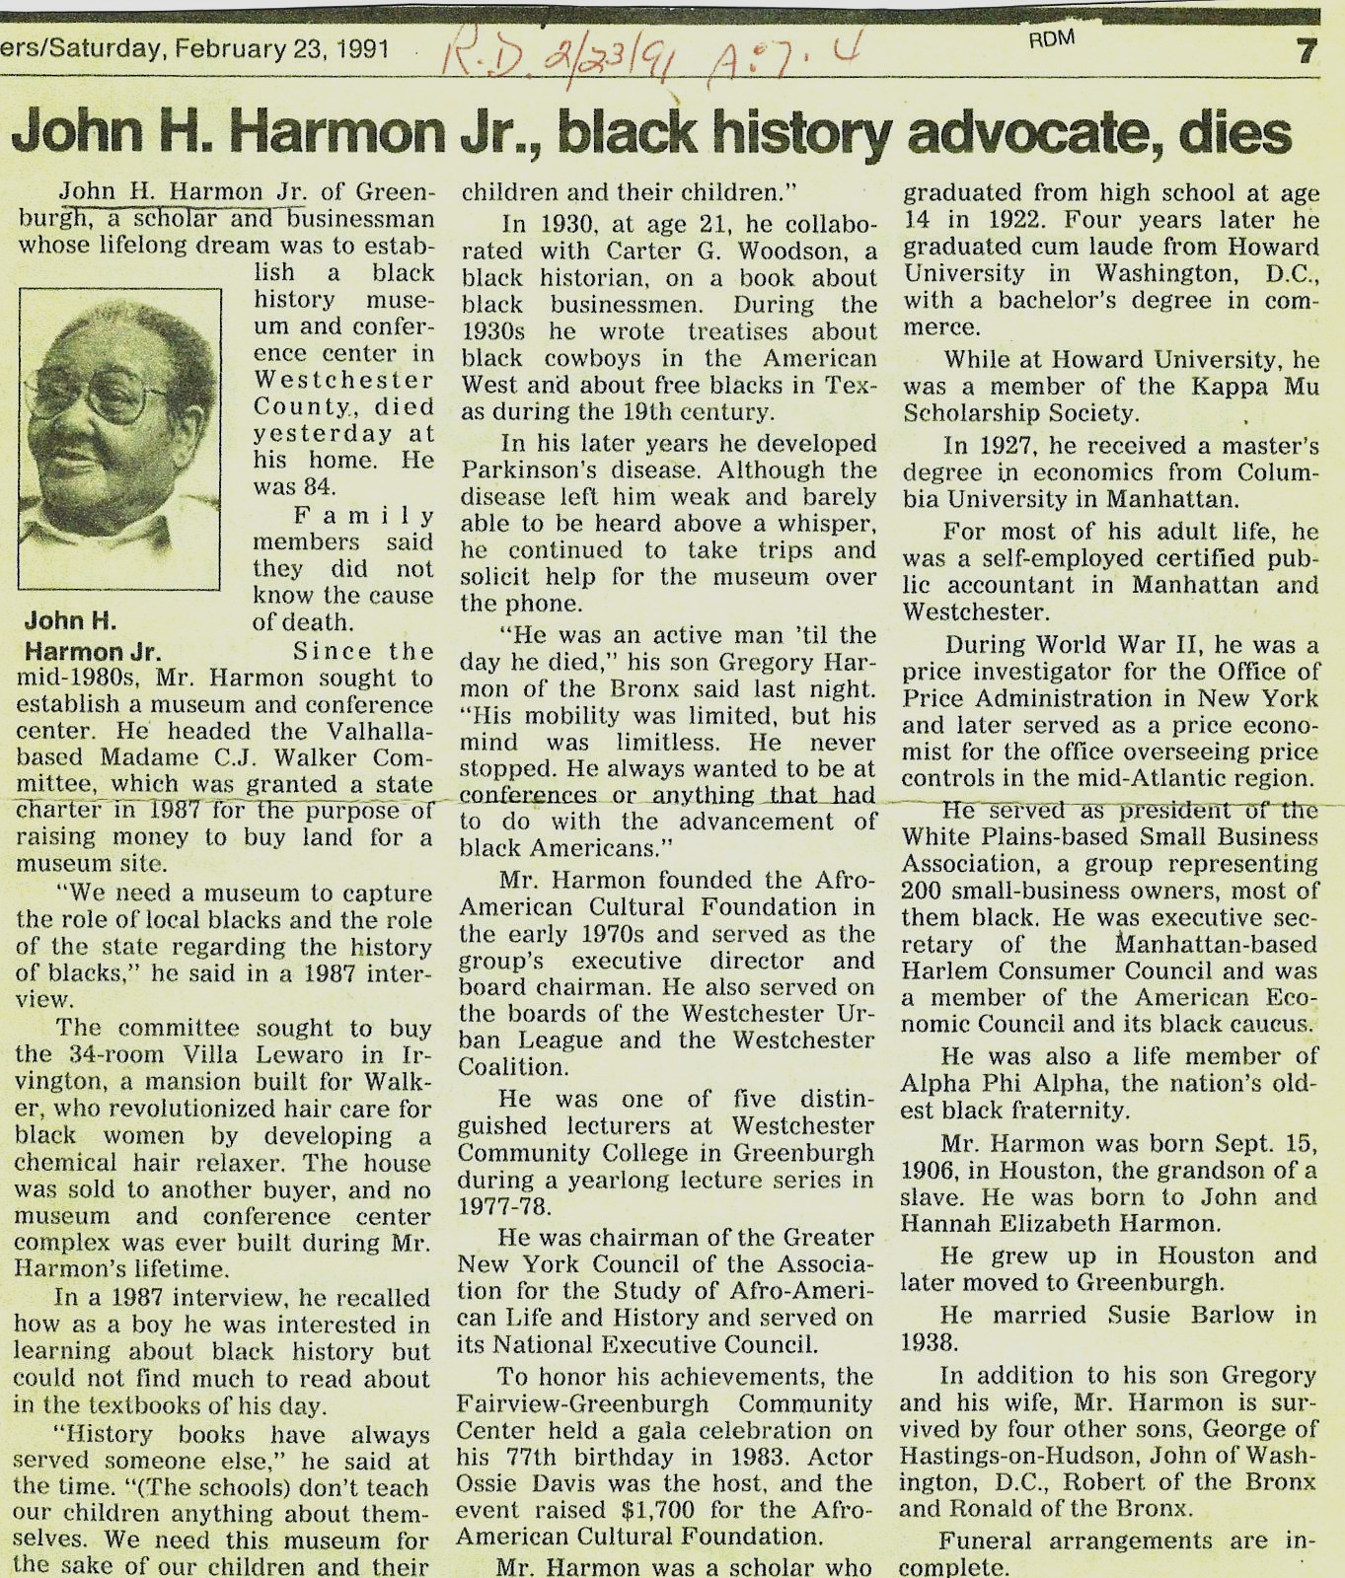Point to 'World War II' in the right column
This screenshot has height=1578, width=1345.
[1115, 646]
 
